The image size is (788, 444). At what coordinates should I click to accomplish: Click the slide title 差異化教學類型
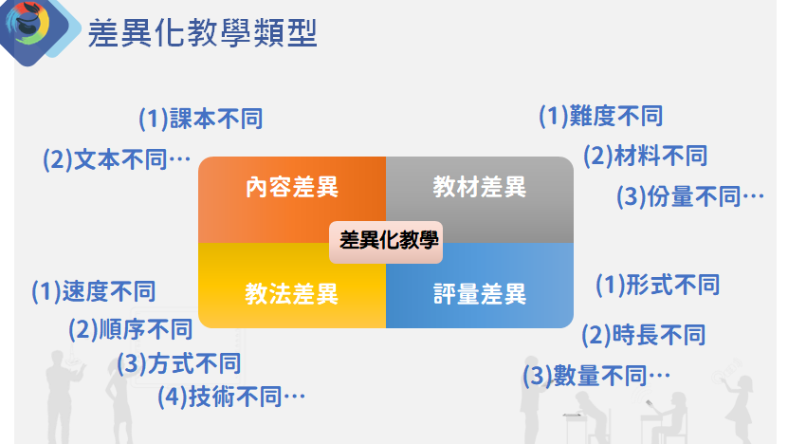tap(203, 33)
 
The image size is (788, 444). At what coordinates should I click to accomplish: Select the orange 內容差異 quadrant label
tap(292, 187)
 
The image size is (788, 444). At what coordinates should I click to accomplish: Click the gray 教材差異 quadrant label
tap(480, 187)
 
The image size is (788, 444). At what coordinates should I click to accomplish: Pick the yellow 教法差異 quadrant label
tap(291, 294)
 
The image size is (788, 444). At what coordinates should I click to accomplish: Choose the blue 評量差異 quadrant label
tap(480, 294)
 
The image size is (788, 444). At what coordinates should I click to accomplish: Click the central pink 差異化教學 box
tap(386, 242)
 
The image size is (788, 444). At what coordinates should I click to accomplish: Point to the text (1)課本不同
tap(200, 119)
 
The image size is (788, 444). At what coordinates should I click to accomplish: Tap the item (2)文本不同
tap(117, 160)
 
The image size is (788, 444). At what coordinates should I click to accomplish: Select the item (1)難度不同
tap(600, 116)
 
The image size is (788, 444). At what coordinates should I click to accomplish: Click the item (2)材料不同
tap(645, 156)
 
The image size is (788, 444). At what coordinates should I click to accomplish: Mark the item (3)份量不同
tap(690, 196)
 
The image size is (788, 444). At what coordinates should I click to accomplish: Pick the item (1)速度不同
tap(94, 291)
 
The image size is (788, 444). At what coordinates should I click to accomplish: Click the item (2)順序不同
tap(131, 329)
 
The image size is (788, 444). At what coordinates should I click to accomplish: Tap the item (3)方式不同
tap(179, 363)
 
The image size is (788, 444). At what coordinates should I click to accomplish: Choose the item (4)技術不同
tap(231, 397)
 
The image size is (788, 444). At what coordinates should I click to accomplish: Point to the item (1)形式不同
tap(657, 286)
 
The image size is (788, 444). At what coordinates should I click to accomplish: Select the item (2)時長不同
tap(643, 335)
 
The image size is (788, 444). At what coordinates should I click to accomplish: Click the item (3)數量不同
tap(596, 376)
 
